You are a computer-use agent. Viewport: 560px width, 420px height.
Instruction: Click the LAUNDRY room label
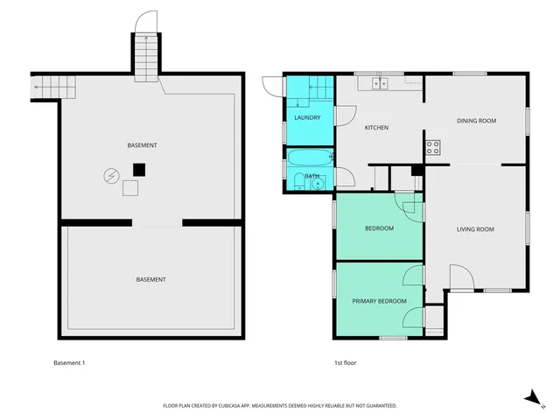[x=307, y=118]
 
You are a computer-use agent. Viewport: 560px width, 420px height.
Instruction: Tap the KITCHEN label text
[x=376, y=128]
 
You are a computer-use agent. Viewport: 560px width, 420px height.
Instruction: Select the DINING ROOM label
[x=476, y=121]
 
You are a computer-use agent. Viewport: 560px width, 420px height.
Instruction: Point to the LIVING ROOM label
[x=475, y=229]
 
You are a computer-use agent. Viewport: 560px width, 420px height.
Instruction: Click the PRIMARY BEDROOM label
[x=379, y=301]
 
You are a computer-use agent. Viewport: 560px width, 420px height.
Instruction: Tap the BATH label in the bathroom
[x=311, y=175]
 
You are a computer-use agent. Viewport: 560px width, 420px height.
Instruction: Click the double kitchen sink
[x=380, y=84]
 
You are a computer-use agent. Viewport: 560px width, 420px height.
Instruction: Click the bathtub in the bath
[x=311, y=159]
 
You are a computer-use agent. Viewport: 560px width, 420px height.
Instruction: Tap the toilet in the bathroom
[x=299, y=182]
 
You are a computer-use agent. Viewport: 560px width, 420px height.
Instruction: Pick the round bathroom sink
[x=317, y=183]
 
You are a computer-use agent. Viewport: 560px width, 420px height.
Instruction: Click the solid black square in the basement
[x=138, y=169]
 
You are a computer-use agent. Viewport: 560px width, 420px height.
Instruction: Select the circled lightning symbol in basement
[x=111, y=175]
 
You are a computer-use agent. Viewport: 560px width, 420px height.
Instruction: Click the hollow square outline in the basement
[x=130, y=186]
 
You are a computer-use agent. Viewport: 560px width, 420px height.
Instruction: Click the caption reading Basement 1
[x=70, y=362]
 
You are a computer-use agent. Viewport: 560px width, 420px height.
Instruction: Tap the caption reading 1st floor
[x=345, y=362]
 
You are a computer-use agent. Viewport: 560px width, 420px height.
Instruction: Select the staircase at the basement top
[x=147, y=54]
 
